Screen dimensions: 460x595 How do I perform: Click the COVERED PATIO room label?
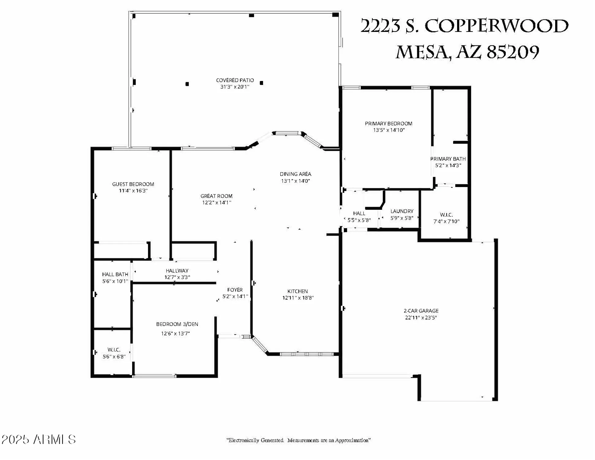pos(235,80)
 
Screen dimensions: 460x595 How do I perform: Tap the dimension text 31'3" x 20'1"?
pos(235,87)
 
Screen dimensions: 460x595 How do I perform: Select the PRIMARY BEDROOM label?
pos(388,124)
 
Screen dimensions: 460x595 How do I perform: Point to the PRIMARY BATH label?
pos(448,159)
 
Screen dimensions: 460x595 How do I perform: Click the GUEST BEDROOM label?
pos(133,184)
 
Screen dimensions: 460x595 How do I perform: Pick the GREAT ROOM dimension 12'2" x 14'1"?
pos(216,203)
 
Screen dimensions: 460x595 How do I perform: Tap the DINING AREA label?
pos(295,174)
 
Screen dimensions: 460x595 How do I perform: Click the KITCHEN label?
pos(297,291)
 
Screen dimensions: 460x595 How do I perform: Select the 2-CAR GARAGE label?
pos(421,311)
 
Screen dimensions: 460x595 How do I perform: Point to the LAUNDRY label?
pos(402,211)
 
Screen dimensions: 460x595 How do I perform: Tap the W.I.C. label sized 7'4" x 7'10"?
pos(446,215)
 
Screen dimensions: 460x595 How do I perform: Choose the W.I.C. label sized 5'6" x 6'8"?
pos(114,350)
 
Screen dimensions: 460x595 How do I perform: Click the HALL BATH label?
pos(115,274)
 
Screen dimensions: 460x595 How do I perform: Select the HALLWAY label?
pos(177,271)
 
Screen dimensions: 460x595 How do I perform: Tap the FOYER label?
pos(235,290)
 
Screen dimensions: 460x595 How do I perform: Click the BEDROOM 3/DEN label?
pos(177,324)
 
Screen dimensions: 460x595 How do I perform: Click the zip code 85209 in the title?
pos(513,52)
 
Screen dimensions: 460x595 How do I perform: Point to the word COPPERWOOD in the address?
pos(496,26)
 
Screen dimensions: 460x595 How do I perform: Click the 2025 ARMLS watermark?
pos(39,439)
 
